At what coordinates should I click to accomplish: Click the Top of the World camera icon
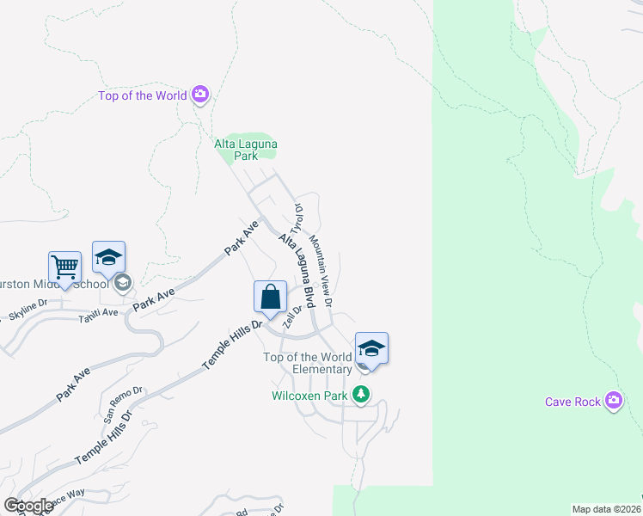[200, 95]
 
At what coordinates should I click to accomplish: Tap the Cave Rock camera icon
[613, 401]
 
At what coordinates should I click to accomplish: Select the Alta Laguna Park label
[246, 150]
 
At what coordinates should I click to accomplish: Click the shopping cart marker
[64, 267]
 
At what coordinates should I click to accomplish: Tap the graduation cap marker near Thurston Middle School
[108, 257]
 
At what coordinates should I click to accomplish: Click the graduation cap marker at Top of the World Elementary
[371, 348]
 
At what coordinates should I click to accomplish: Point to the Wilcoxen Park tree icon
[362, 396]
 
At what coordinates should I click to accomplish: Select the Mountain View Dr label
[321, 267]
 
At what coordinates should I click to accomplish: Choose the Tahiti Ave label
[98, 313]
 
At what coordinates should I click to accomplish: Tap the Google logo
[28, 506]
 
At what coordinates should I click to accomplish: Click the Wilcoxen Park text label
[309, 396]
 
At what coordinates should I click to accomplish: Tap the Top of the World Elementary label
[307, 363]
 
